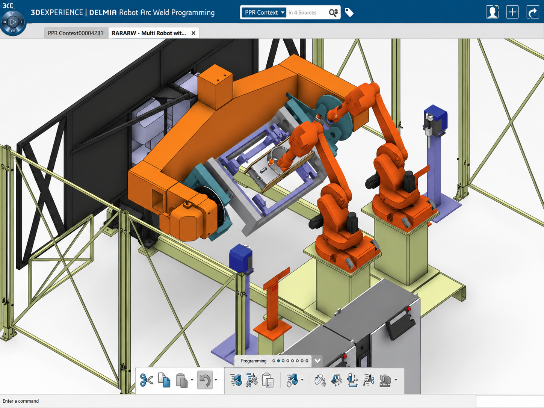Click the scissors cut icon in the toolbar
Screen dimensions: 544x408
pos(146,380)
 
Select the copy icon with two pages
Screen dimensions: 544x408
pos(164,380)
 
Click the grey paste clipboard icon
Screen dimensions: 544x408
pos(182,380)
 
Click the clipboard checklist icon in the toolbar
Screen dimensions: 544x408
pos(267,380)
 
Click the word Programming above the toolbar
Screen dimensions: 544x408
pos(254,361)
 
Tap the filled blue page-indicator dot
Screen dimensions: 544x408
pos(278,361)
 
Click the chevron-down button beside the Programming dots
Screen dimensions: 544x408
pos(317,361)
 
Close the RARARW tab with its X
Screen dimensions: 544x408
pos(193,33)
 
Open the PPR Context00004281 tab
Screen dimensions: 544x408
pos(76,33)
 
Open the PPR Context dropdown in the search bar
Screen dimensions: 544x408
pos(264,12)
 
